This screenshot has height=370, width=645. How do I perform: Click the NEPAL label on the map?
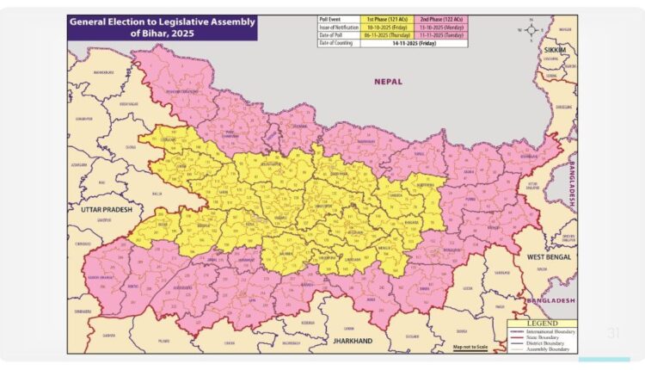coord(388,81)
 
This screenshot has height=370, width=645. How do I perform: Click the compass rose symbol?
coord(533,29)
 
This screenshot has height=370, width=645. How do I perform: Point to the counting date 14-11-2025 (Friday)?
coord(414,42)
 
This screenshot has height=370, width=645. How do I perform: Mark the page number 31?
coord(613,333)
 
